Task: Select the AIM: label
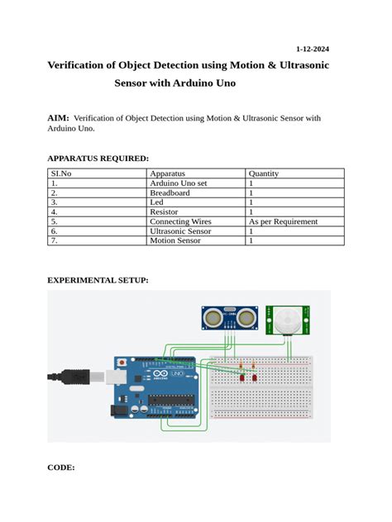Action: pyautogui.click(x=58, y=119)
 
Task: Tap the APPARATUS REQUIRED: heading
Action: pyautogui.click(x=98, y=158)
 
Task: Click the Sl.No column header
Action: pyautogui.click(x=62, y=174)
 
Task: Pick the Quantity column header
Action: pyautogui.click(x=264, y=174)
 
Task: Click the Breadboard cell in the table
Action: pyautogui.click(x=170, y=193)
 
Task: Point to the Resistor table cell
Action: pyautogui.click(x=165, y=212)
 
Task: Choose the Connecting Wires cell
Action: pyautogui.click(x=180, y=222)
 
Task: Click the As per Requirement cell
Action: pyautogui.click(x=283, y=222)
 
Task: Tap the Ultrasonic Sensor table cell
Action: pyautogui.click(x=180, y=232)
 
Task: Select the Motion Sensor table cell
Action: pyautogui.click(x=175, y=241)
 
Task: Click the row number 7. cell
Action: pyautogui.click(x=54, y=241)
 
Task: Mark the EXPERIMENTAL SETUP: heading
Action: pyautogui.click(x=98, y=281)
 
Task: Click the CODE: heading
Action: pyautogui.click(x=61, y=467)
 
